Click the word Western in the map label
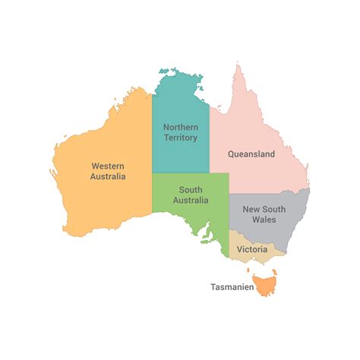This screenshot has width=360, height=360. (109, 165)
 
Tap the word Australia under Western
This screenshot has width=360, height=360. (109, 176)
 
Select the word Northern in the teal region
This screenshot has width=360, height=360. (181, 127)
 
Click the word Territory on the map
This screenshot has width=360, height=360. (181, 138)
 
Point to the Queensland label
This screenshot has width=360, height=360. (251, 153)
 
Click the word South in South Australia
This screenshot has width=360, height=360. (191, 189)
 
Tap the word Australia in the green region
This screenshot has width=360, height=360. (191, 201)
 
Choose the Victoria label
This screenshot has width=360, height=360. (251, 249)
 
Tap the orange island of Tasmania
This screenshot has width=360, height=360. (266, 286)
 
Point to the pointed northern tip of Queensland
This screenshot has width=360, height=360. (237, 67)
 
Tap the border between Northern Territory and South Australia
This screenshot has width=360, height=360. (181, 173)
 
